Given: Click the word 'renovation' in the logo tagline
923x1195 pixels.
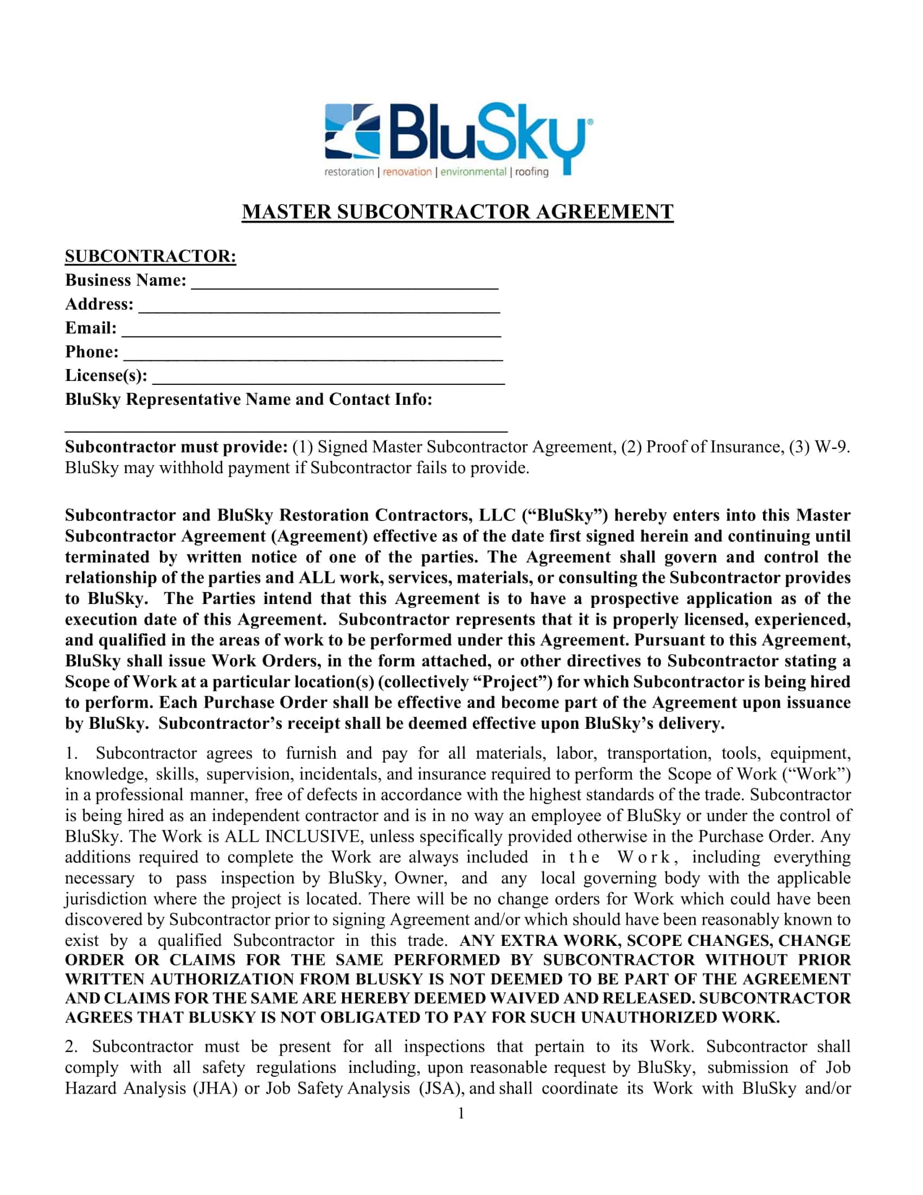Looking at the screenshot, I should [x=407, y=173].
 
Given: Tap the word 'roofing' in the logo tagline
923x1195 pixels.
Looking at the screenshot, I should [x=531, y=173].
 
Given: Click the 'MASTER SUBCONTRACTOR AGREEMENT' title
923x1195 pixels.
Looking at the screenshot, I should [x=458, y=212].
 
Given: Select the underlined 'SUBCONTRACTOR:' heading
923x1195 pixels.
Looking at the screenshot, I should [x=150, y=256].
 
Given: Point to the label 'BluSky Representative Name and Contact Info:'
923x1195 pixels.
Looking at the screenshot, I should [x=248, y=399].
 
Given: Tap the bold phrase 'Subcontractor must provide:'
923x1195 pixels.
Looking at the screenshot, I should [x=176, y=447].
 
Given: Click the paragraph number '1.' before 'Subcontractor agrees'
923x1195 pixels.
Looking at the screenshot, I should [x=71, y=753].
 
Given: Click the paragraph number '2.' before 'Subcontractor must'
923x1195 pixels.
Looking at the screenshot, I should [x=71, y=1047].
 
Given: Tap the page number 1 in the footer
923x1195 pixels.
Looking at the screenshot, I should [x=461, y=1114].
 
